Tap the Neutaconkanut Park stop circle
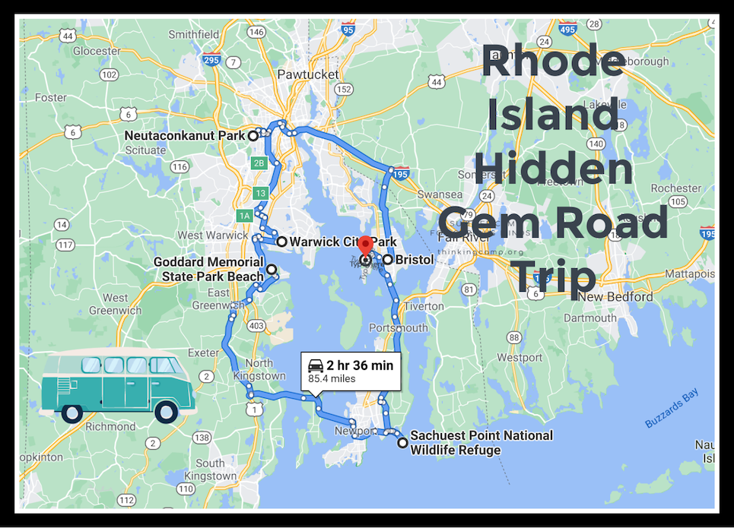(253, 136)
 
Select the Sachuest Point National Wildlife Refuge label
(481, 443)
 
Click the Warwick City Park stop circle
(281, 242)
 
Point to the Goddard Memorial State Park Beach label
(208, 269)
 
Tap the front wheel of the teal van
(166, 413)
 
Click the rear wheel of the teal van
(71, 413)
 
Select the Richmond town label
(110, 426)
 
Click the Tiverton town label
(424, 306)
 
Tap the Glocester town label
(97, 51)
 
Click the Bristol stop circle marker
(387, 260)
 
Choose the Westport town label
(520, 356)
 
